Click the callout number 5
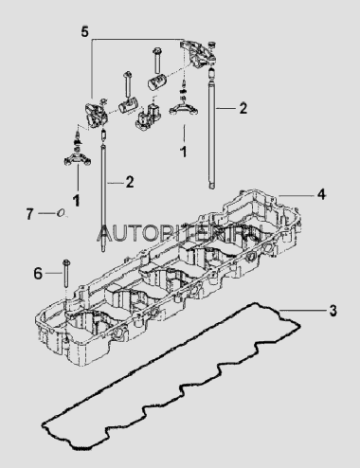pyautogui.click(x=84, y=32)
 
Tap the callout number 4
pyautogui.click(x=321, y=194)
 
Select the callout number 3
pyautogui.click(x=333, y=311)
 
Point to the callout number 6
pyautogui.click(x=38, y=273)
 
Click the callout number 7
pyautogui.click(x=29, y=214)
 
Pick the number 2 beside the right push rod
pyautogui.click(x=243, y=108)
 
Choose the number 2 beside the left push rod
pyautogui.click(x=130, y=182)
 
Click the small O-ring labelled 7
pyautogui.click(x=61, y=213)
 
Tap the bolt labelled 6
pyautogui.click(x=66, y=274)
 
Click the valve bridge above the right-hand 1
pyautogui.click(x=184, y=108)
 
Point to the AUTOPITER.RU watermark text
pyautogui.click(x=180, y=233)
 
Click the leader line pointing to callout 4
pyautogui.click(x=296, y=195)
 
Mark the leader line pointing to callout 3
pyautogui.click(x=302, y=311)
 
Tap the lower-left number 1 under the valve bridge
pyautogui.click(x=76, y=200)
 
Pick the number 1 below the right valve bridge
pyautogui.click(x=183, y=152)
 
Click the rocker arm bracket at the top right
pyautogui.click(x=198, y=54)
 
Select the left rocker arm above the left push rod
pyautogui.click(x=96, y=115)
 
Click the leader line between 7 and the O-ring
pyautogui.click(x=47, y=214)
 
